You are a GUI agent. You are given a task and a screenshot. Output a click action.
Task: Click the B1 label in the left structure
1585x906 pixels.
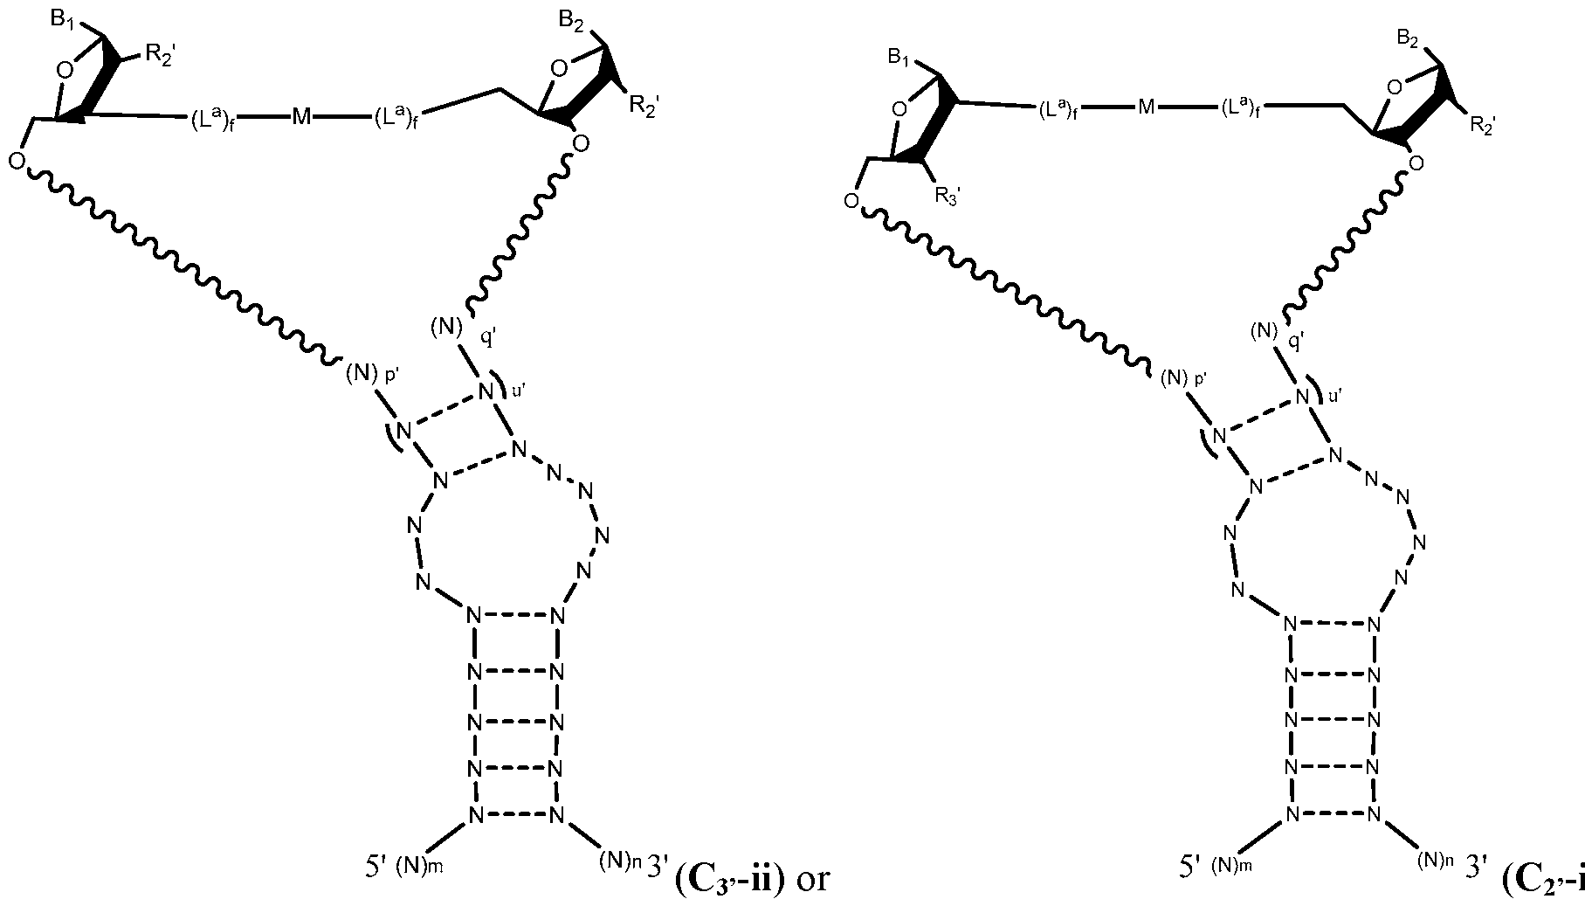[x=63, y=19]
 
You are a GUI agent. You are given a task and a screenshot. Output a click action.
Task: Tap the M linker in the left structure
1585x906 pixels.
[x=301, y=117]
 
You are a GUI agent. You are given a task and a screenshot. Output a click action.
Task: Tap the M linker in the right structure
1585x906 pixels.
[x=1146, y=107]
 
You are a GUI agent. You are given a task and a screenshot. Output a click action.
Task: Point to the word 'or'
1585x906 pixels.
[x=811, y=881]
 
